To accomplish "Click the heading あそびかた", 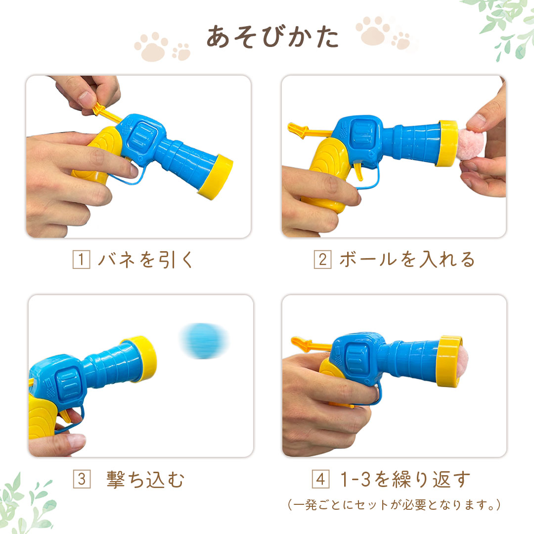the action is (272, 36).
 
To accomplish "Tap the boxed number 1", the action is (82, 260).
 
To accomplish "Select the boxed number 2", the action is (322, 260).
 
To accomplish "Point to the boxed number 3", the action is (82, 479).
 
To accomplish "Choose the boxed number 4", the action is (321, 479).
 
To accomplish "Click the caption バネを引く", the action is (145, 260).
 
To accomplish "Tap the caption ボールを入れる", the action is (407, 260).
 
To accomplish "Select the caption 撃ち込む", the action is (145, 480).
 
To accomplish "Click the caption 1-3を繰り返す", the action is (405, 479).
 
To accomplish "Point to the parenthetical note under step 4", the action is (394, 505).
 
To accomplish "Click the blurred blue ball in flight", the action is (204, 341).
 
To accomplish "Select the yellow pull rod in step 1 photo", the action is (107, 113).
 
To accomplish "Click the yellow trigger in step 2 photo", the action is (358, 171).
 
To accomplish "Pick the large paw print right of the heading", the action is (373, 31).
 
